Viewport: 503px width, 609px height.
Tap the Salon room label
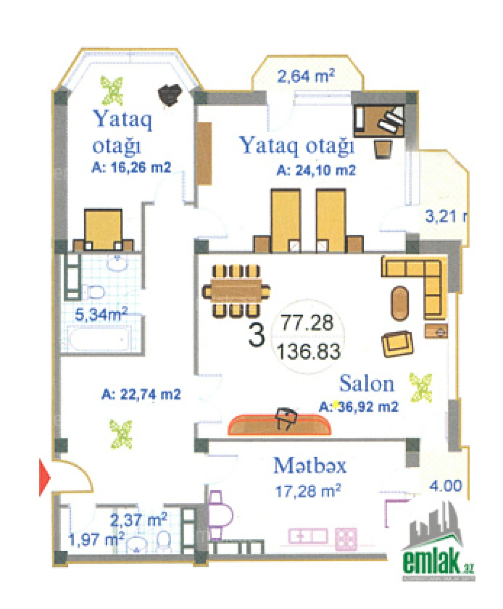click(x=366, y=383)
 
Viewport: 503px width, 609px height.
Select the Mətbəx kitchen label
click(x=310, y=465)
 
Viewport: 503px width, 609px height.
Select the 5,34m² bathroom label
click(x=101, y=314)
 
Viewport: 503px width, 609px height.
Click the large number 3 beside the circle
click(x=256, y=334)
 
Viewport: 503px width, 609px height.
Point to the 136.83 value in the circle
click(x=308, y=351)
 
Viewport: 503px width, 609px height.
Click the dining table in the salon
click(x=236, y=290)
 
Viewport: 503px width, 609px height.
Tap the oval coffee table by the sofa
click(x=400, y=303)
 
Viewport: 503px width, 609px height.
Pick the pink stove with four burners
click(x=346, y=539)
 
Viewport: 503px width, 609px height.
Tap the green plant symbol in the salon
click(x=420, y=387)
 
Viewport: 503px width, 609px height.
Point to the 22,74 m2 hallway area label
click(x=141, y=394)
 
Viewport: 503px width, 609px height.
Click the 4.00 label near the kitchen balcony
click(x=446, y=485)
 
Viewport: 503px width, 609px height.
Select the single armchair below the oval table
click(x=397, y=344)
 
